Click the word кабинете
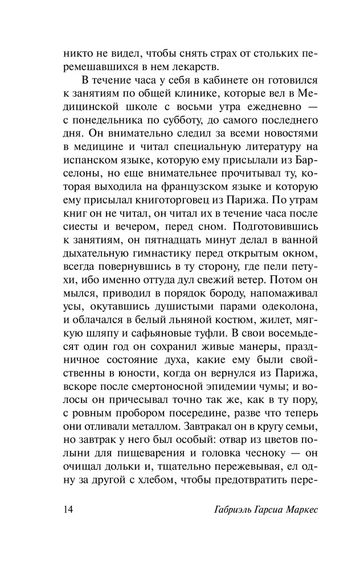(201, 80)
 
